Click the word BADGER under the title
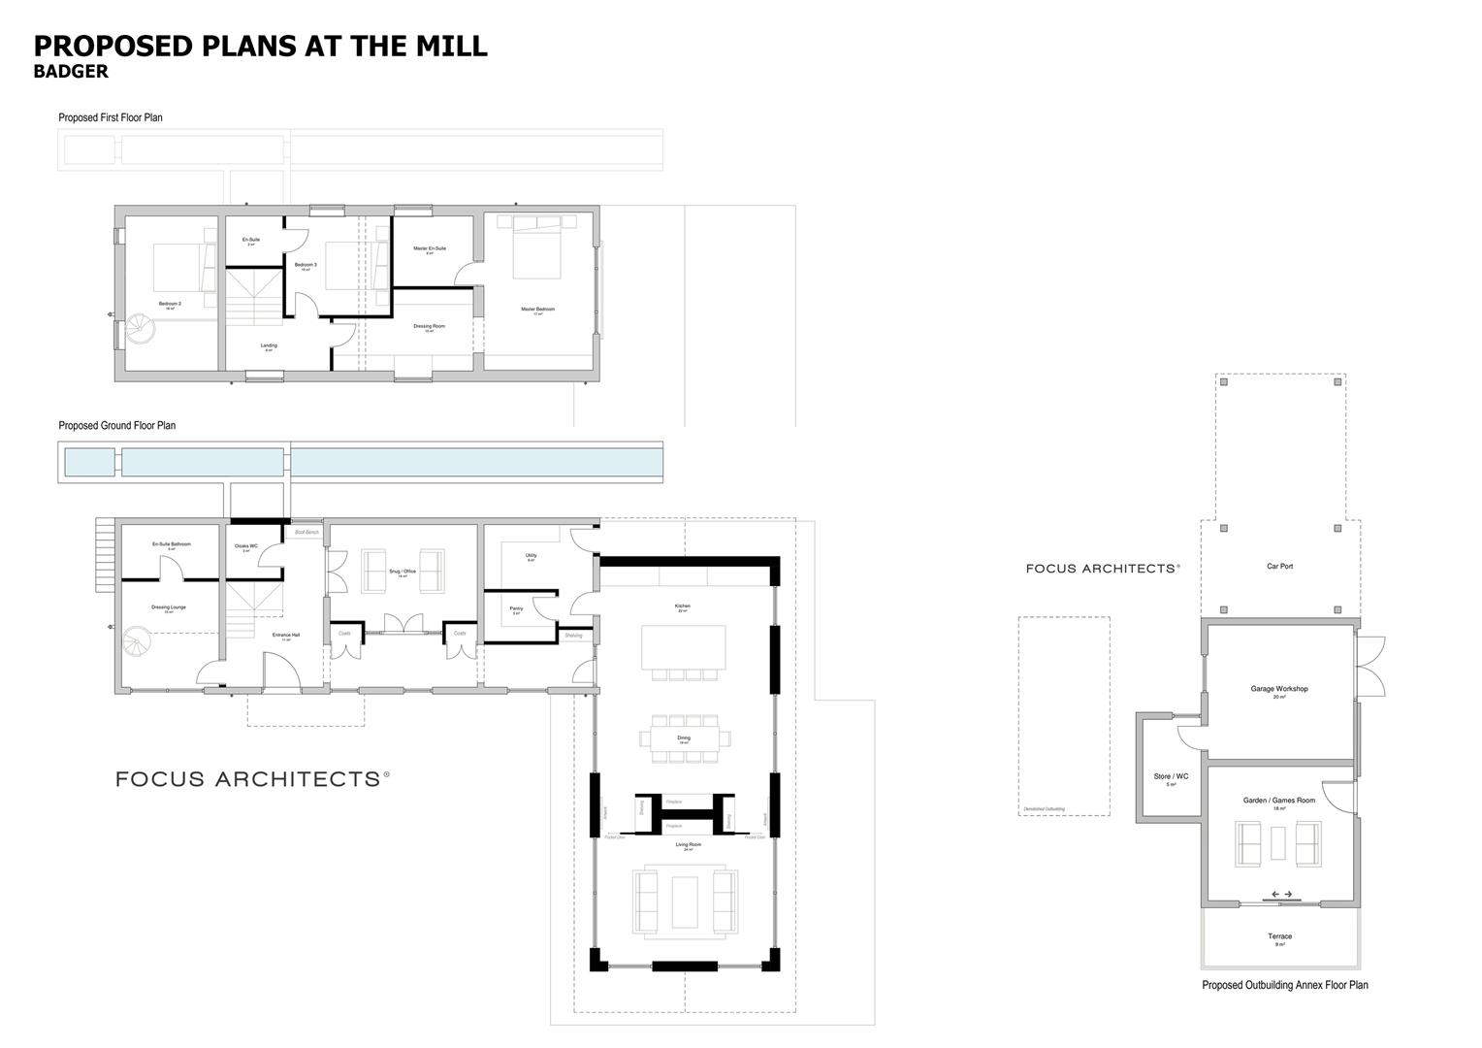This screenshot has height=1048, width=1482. click(71, 72)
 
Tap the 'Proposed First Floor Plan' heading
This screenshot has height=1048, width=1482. click(111, 117)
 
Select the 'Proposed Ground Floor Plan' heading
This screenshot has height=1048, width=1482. click(116, 425)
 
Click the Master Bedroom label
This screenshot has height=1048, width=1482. click(537, 310)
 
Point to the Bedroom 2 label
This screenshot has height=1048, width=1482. click(170, 304)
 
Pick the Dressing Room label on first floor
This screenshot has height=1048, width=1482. click(429, 326)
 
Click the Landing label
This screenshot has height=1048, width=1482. click(269, 345)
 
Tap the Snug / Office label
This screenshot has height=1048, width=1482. click(402, 572)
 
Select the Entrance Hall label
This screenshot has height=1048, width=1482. click(286, 636)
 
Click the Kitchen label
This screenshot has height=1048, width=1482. click(683, 606)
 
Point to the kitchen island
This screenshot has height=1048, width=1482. click(683, 646)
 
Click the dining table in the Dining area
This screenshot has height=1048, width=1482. click(684, 738)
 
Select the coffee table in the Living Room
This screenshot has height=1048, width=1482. click(684, 902)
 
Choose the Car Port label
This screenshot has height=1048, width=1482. click(1279, 566)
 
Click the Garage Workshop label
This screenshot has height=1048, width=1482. click(1278, 689)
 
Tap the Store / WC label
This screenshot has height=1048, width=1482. click(1171, 776)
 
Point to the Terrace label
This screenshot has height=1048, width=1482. click(1279, 936)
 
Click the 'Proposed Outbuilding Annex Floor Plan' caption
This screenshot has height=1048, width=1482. click(1284, 985)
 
